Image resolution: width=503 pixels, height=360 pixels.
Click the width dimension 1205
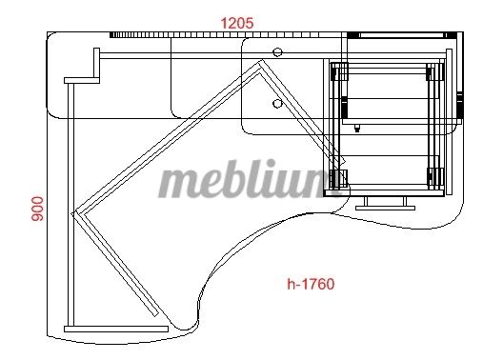click(237, 23)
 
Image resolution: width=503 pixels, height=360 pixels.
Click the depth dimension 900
click(37, 209)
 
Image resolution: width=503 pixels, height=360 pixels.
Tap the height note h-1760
click(311, 284)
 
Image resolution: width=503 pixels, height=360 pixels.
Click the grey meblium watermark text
click(247, 179)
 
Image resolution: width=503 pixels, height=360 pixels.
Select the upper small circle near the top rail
click(277, 52)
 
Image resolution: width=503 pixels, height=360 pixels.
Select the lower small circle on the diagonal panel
click(277, 103)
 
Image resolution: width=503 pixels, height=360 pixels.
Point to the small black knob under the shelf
click(357, 129)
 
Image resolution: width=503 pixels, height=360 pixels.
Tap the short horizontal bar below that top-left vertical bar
click(82, 80)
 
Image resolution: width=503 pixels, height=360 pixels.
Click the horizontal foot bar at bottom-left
click(116, 329)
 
